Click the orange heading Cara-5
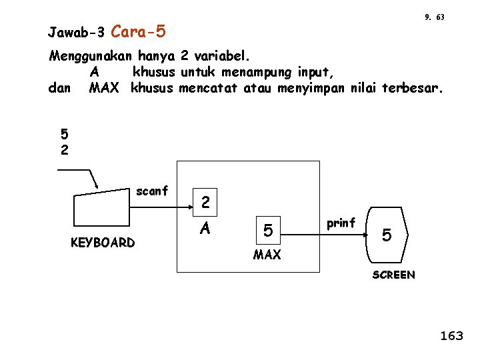139,31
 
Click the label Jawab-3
77,32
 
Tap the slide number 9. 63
434,17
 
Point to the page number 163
451,336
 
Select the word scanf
152,191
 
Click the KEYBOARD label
103,243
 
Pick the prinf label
341,223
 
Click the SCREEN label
393,275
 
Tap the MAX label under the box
267,255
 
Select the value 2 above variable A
206,201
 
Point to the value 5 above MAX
267,231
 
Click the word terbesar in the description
411,88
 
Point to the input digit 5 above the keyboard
64,135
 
